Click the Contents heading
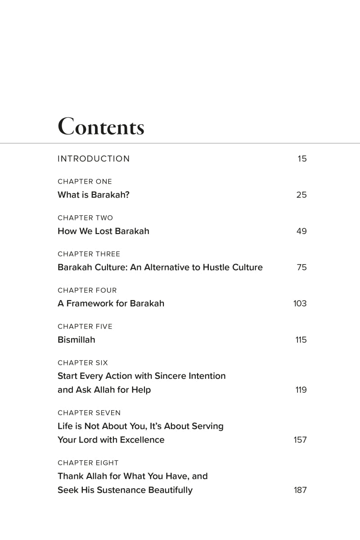[101, 127]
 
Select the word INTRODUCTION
[94, 159]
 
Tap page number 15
[302, 159]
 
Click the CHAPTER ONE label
[85, 182]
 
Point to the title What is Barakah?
[94, 195]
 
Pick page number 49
[301, 231]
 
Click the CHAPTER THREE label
[89, 254]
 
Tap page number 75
[301, 267]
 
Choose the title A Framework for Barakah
[111, 304]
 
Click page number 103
[300, 304]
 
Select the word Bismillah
[76, 340]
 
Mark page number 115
[301, 340]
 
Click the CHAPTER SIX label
[83, 363]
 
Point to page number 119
[301, 390]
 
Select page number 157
[300, 440]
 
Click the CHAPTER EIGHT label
[88, 463]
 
